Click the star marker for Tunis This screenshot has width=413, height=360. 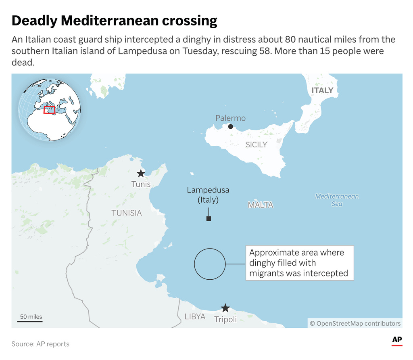point(141,174)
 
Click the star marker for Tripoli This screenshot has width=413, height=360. point(225,308)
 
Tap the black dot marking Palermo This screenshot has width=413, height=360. point(231,126)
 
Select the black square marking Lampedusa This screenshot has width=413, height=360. point(209,219)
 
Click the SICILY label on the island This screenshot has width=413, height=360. point(256,144)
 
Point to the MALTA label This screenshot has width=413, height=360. point(260,205)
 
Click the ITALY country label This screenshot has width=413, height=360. point(322,90)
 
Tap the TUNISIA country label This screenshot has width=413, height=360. point(127,213)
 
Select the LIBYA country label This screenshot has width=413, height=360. point(195,317)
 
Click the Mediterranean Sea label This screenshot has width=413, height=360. point(337,200)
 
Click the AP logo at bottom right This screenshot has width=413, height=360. point(397,341)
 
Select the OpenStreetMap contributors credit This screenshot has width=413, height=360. point(355,323)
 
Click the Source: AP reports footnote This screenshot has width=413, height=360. point(40,344)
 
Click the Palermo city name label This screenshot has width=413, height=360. point(230,118)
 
